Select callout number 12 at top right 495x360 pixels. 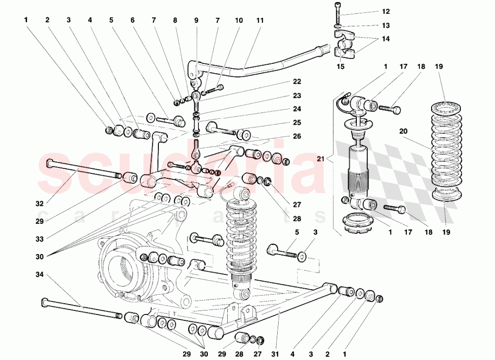pyautogui.click(x=386, y=11)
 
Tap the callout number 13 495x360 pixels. pyautogui.click(x=386, y=25)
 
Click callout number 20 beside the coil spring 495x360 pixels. pyautogui.click(x=403, y=131)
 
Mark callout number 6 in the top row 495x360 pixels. pyautogui.click(x=133, y=21)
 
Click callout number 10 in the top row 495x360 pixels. pyautogui.click(x=239, y=21)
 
